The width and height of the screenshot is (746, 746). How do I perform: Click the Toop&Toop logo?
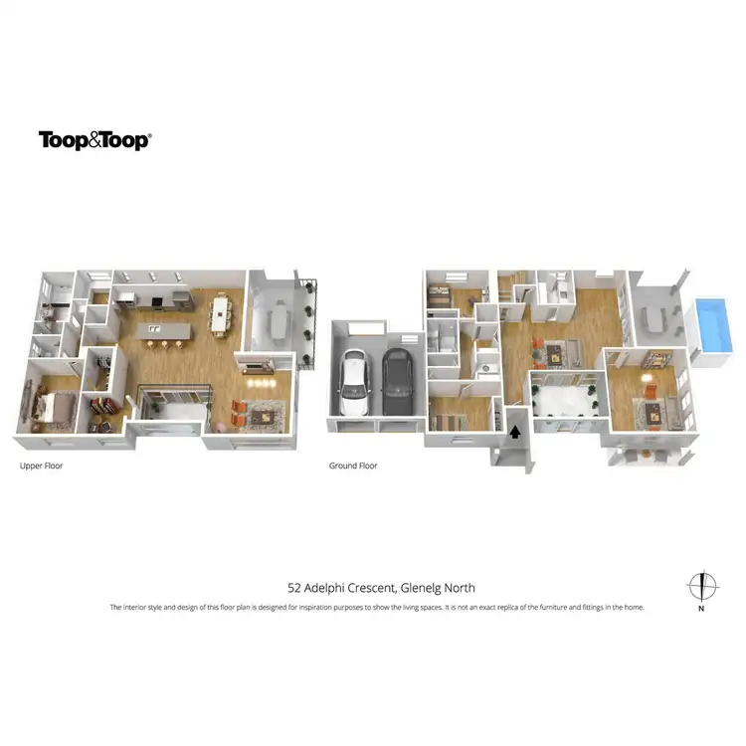(x=94, y=140)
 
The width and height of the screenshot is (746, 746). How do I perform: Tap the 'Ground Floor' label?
(x=353, y=466)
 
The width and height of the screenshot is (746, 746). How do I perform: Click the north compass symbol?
(x=702, y=585)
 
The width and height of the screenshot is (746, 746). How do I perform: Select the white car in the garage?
(x=354, y=383)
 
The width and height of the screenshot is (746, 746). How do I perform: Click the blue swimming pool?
(x=714, y=324)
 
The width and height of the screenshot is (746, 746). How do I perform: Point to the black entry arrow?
(x=515, y=432)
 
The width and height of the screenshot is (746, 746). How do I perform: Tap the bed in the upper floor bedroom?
(x=52, y=404)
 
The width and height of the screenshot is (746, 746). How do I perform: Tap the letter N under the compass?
(x=702, y=607)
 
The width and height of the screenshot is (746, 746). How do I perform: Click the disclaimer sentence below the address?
(x=377, y=607)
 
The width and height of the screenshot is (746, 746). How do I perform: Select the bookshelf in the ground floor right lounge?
(x=657, y=358)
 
